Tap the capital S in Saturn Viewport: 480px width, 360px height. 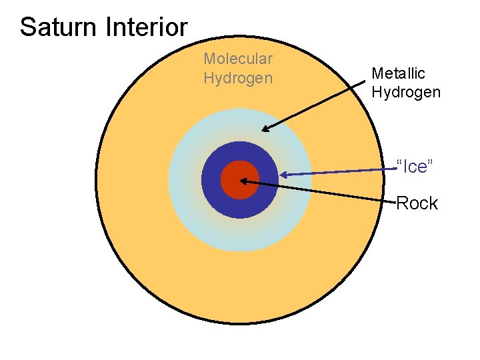(x=27, y=27)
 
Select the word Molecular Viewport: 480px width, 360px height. (x=238, y=59)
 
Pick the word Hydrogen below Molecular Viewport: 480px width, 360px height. (x=238, y=78)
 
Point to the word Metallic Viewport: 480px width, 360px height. (x=398, y=73)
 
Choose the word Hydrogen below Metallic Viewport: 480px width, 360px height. (x=406, y=92)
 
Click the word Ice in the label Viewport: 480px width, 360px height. (x=415, y=167)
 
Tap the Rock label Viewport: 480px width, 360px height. (x=417, y=203)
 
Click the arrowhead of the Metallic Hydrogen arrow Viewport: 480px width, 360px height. (x=265, y=130)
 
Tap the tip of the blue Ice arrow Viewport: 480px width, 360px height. (x=282, y=175)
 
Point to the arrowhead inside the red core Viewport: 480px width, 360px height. (x=243, y=180)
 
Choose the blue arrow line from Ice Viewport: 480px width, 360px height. (x=340, y=172)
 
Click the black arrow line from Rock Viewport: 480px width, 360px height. (x=320, y=191)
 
